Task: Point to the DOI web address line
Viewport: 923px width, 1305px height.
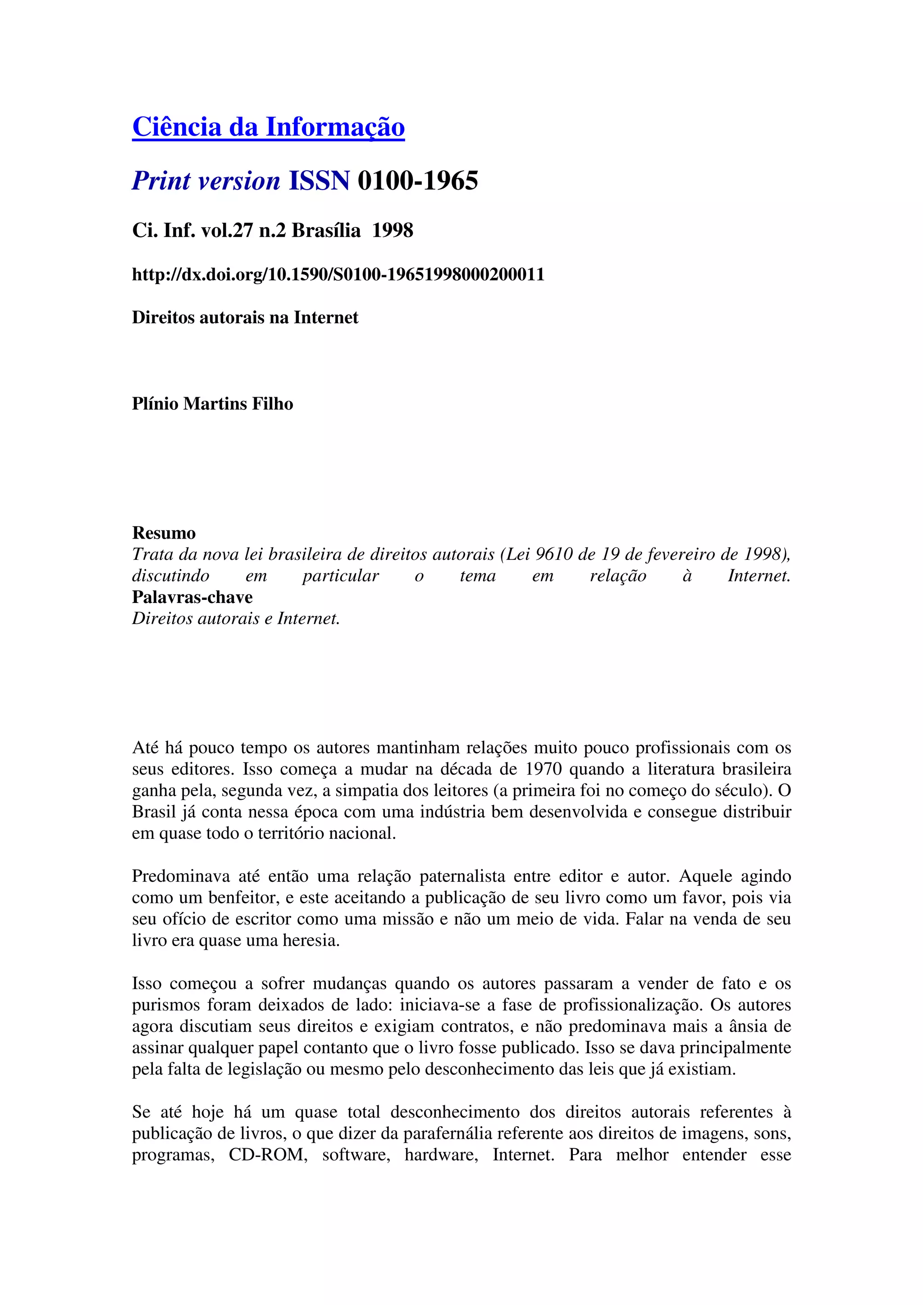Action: [338, 275]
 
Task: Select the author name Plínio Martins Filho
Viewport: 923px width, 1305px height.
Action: [212, 403]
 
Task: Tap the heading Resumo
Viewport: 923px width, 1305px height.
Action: [164, 533]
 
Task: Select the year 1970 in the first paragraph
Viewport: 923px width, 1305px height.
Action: [544, 769]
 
